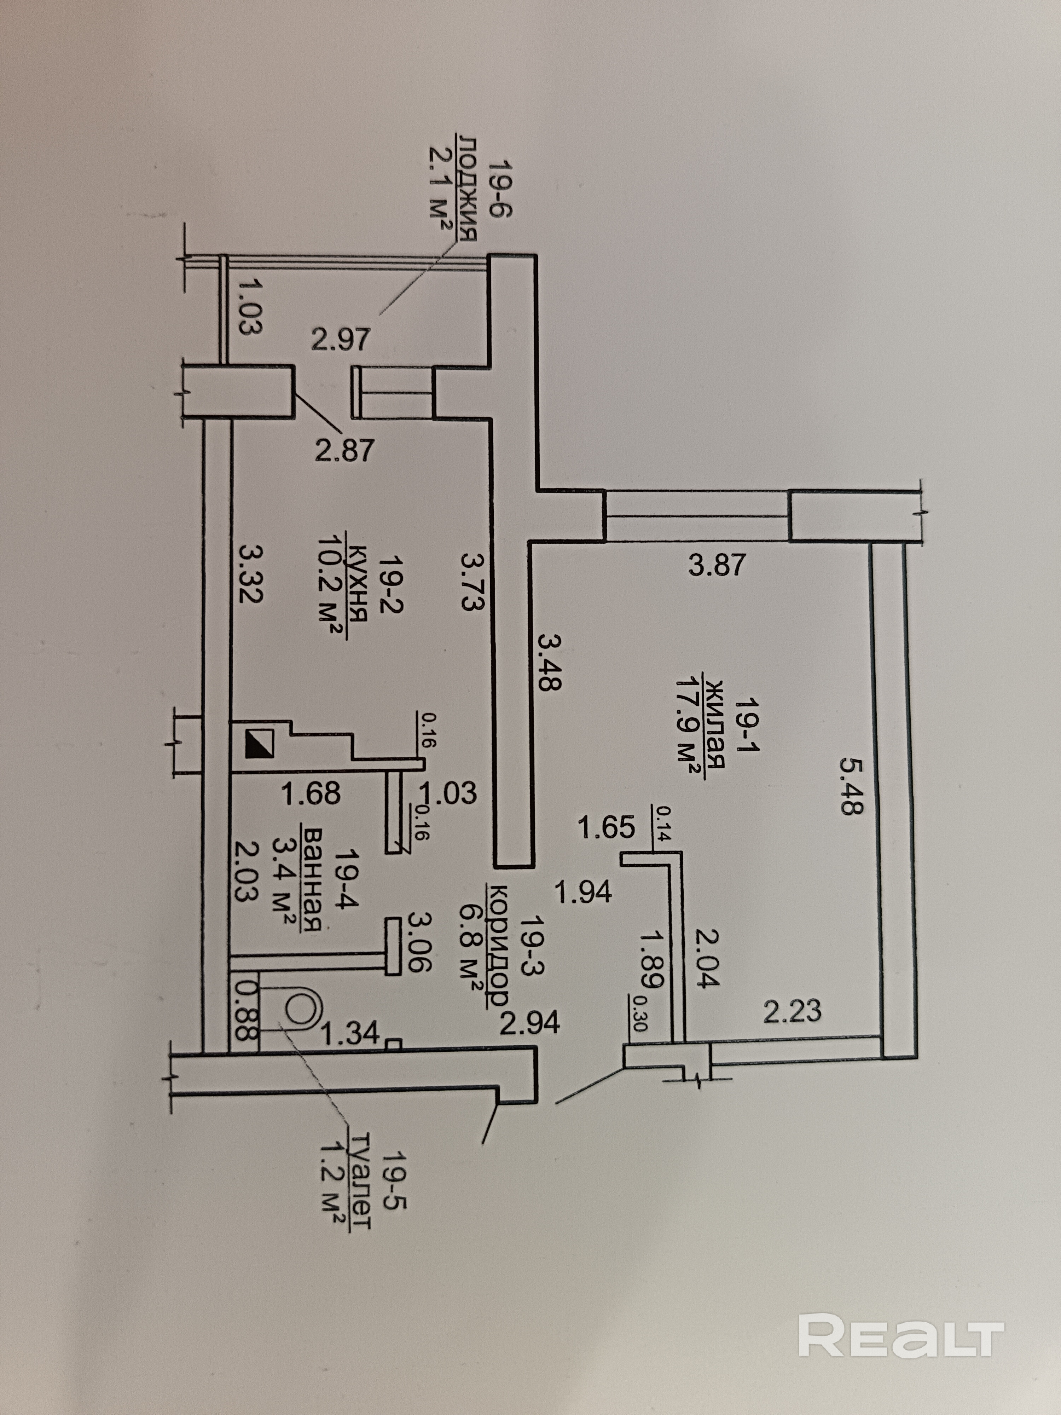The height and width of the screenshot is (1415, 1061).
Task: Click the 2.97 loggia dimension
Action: (x=341, y=339)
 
